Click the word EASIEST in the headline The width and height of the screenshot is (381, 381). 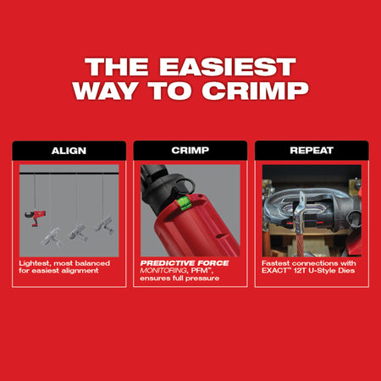pos(228,67)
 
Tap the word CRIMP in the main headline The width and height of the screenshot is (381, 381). pos(255,91)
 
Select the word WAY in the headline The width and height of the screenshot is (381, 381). pos(106,91)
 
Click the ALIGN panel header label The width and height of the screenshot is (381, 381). pos(69,151)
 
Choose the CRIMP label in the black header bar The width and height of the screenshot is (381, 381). pos(190,151)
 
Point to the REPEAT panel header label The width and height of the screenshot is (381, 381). pos(312,151)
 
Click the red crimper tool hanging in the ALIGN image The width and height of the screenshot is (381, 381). pos(35,218)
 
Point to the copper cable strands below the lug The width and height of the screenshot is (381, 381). pos(300,244)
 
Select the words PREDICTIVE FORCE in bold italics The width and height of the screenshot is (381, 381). pos(185,263)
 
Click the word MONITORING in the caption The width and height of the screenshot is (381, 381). pos(163,271)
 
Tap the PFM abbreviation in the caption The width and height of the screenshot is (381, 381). pos(200,271)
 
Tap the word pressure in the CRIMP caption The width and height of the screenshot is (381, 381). pos(202,279)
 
